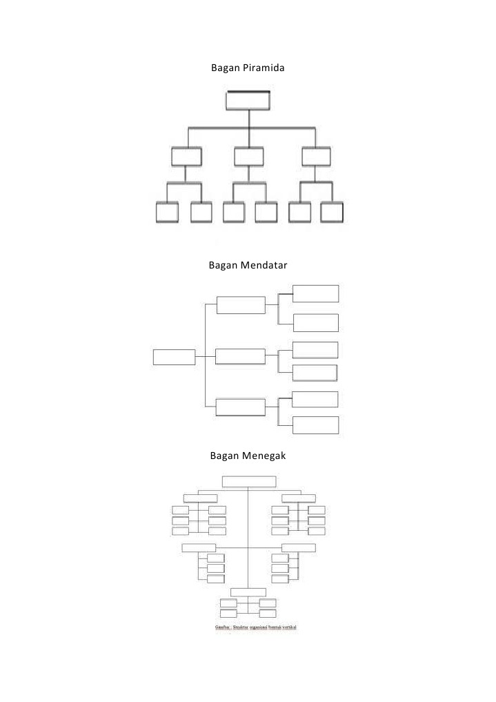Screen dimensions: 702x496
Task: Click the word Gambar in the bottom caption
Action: click(x=222, y=627)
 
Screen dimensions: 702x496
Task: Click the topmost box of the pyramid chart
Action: click(x=248, y=100)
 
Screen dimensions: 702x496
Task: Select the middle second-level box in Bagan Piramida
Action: click(x=248, y=157)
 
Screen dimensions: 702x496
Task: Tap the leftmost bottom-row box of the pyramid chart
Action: click(x=167, y=213)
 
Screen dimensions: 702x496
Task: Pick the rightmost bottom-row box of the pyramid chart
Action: click(x=332, y=213)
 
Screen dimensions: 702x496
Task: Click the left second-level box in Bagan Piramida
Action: click(x=186, y=157)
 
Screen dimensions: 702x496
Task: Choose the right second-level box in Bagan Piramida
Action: click(x=316, y=157)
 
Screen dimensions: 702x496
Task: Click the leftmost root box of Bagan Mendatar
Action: click(x=175, y=357)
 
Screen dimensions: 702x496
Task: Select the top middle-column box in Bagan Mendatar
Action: click(x=241, y=305)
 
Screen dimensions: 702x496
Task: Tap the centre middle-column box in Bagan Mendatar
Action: click(x=240, y=356)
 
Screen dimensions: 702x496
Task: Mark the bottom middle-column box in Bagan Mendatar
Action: click(x=240, y=407)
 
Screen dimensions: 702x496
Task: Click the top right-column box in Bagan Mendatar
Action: click(x=316, y=293)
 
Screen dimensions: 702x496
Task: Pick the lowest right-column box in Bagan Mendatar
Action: click(x=316, y=425)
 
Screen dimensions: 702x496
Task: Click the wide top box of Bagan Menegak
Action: click(x=249, y=482)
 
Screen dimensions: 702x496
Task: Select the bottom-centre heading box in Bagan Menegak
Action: click(x=248, y=592)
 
